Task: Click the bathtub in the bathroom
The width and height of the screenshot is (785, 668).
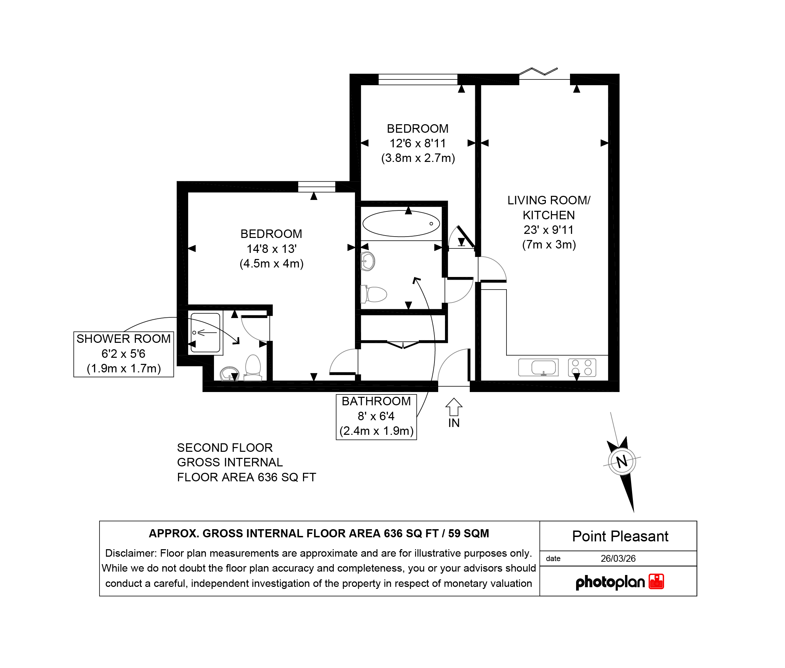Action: tap(401, 223)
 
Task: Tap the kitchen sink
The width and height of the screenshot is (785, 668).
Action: tap(538, 367)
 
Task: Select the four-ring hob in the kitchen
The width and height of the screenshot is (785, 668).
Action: tap(582, 367)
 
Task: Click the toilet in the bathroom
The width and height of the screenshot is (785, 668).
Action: tap(374, 294)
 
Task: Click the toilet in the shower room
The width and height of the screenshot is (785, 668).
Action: tap(253, 367)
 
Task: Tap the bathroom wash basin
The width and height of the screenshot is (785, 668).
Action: tap(368, 261)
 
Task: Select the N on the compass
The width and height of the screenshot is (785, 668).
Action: tap(622, 462)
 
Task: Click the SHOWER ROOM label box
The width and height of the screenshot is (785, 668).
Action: tap(124, 354)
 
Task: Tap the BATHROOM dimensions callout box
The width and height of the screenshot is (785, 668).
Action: tap(376, 417)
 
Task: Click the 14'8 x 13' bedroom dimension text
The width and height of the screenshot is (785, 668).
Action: tap(272, 249)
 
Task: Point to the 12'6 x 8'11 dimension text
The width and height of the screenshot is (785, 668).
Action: tap(418, 144)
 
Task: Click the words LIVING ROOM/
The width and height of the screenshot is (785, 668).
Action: tap(549, 200)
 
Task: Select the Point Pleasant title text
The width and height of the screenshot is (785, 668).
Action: tap(620, 536)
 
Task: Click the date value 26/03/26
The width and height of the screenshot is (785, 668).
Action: tap(618, 559)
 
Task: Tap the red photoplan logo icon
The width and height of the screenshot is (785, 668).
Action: tap(657, 582)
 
